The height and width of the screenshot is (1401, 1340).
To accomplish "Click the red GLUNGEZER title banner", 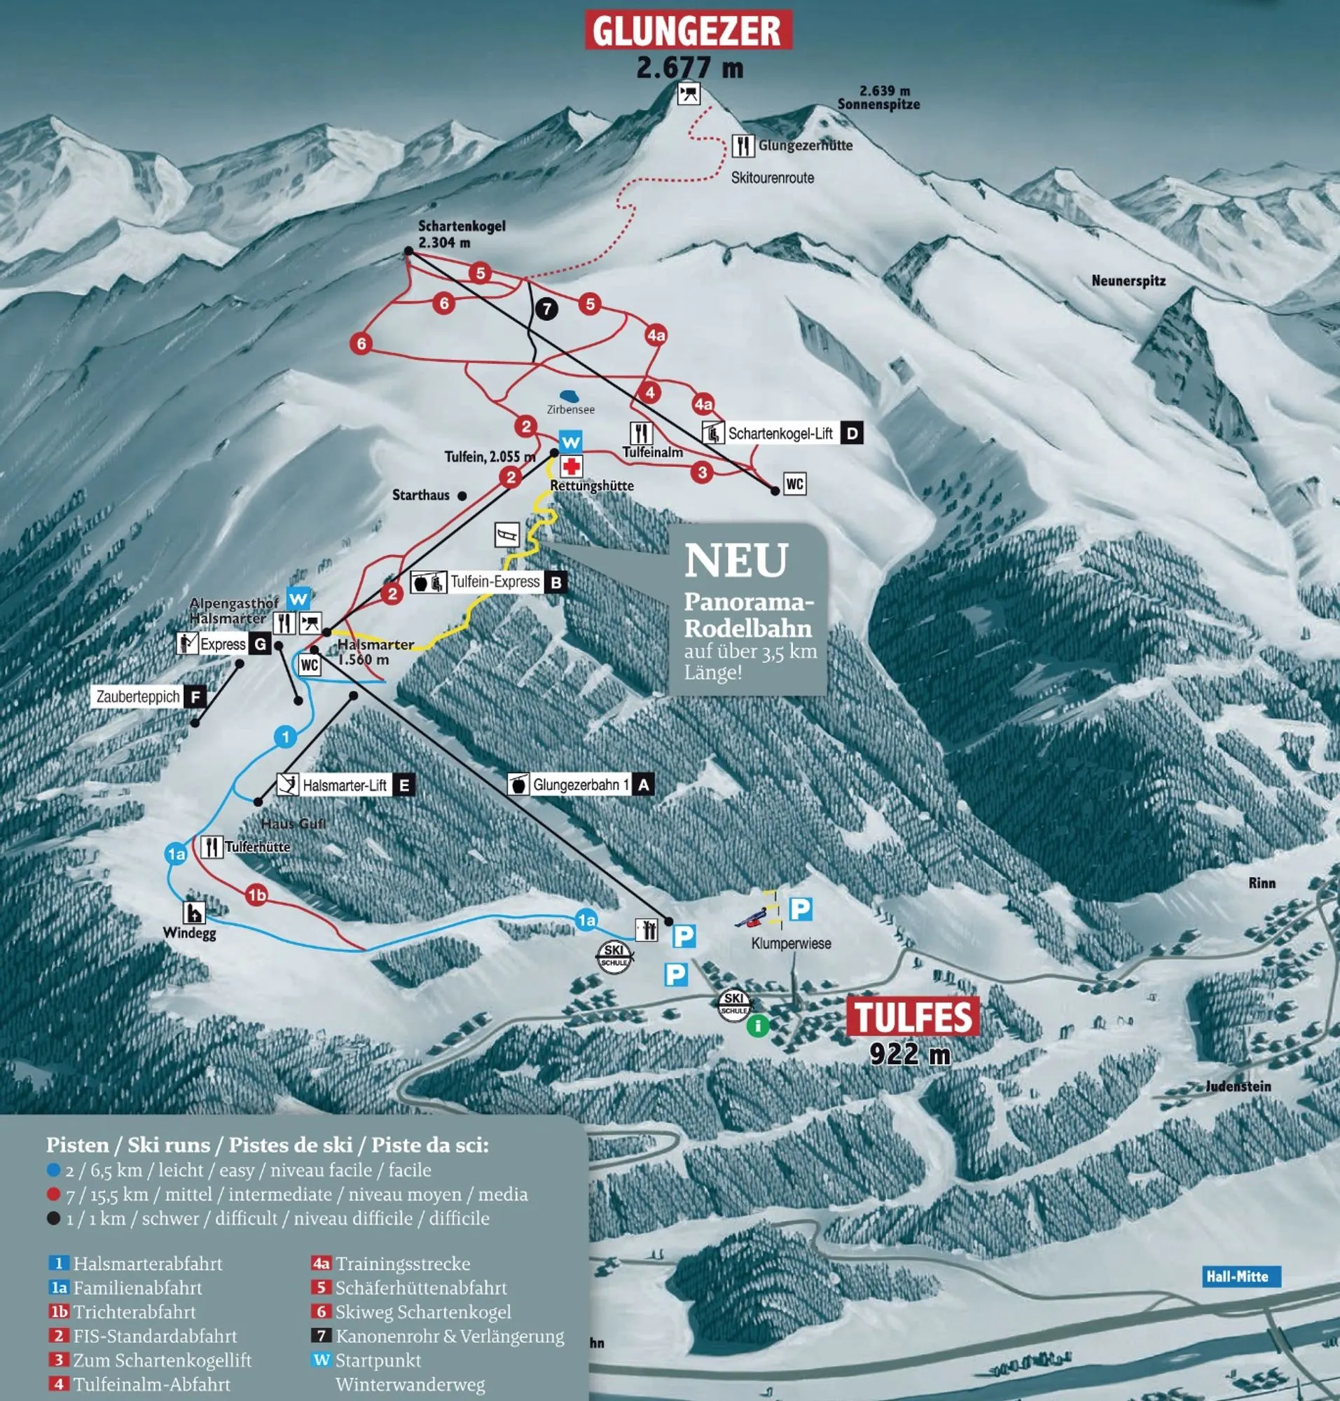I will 688,30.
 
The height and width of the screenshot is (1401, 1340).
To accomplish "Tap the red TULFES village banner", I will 912,1016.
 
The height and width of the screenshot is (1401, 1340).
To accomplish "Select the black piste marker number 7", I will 546,309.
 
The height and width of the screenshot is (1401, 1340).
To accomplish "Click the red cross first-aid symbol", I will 571,467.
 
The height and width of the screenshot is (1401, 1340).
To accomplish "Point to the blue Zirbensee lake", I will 569,395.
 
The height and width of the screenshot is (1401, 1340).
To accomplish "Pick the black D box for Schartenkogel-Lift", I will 852,433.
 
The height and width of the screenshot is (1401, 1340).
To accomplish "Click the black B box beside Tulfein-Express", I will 555,582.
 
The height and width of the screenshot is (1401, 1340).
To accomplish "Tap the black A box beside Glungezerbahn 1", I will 643,785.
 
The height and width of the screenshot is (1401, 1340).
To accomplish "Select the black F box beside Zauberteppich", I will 195,696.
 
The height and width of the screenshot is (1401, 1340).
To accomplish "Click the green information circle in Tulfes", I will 758,1026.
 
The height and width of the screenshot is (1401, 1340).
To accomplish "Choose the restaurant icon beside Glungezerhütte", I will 743,146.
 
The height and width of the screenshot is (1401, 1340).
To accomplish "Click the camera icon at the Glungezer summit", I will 689,94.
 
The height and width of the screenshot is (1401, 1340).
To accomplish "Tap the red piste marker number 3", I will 702,471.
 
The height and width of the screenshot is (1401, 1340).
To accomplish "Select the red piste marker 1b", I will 256,895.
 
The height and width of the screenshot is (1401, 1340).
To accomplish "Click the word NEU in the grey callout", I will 735,561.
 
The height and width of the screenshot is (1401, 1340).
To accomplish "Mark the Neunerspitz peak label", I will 1128,281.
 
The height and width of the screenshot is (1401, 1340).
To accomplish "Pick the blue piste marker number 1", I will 286,737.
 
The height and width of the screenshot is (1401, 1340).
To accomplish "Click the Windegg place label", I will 189,933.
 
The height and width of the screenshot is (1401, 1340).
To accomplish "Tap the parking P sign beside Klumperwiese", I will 800,909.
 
